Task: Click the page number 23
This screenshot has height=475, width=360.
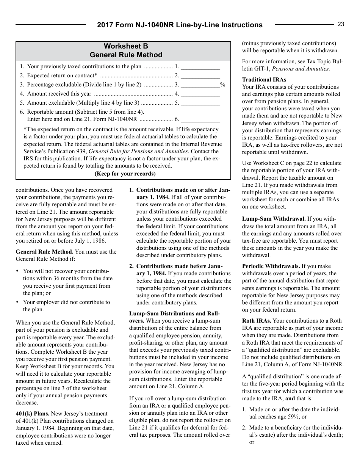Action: [x=341, y=24]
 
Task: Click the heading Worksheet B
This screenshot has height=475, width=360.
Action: [x=126, y=46]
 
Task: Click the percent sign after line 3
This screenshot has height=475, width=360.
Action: [x=222, y=85]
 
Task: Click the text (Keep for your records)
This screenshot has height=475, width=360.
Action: [x=125, y=174]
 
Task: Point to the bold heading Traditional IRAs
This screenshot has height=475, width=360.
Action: [x=264, y=80]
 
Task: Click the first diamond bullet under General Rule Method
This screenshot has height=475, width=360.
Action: [x=17, y=271]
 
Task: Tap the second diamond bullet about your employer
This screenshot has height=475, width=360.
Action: [x=17, y=303]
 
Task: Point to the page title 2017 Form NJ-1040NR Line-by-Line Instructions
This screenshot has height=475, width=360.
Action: [x=180, y=25]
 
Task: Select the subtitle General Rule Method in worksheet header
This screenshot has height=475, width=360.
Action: [x=126, y=55]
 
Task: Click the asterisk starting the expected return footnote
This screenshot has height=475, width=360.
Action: [x=25, y=130]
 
